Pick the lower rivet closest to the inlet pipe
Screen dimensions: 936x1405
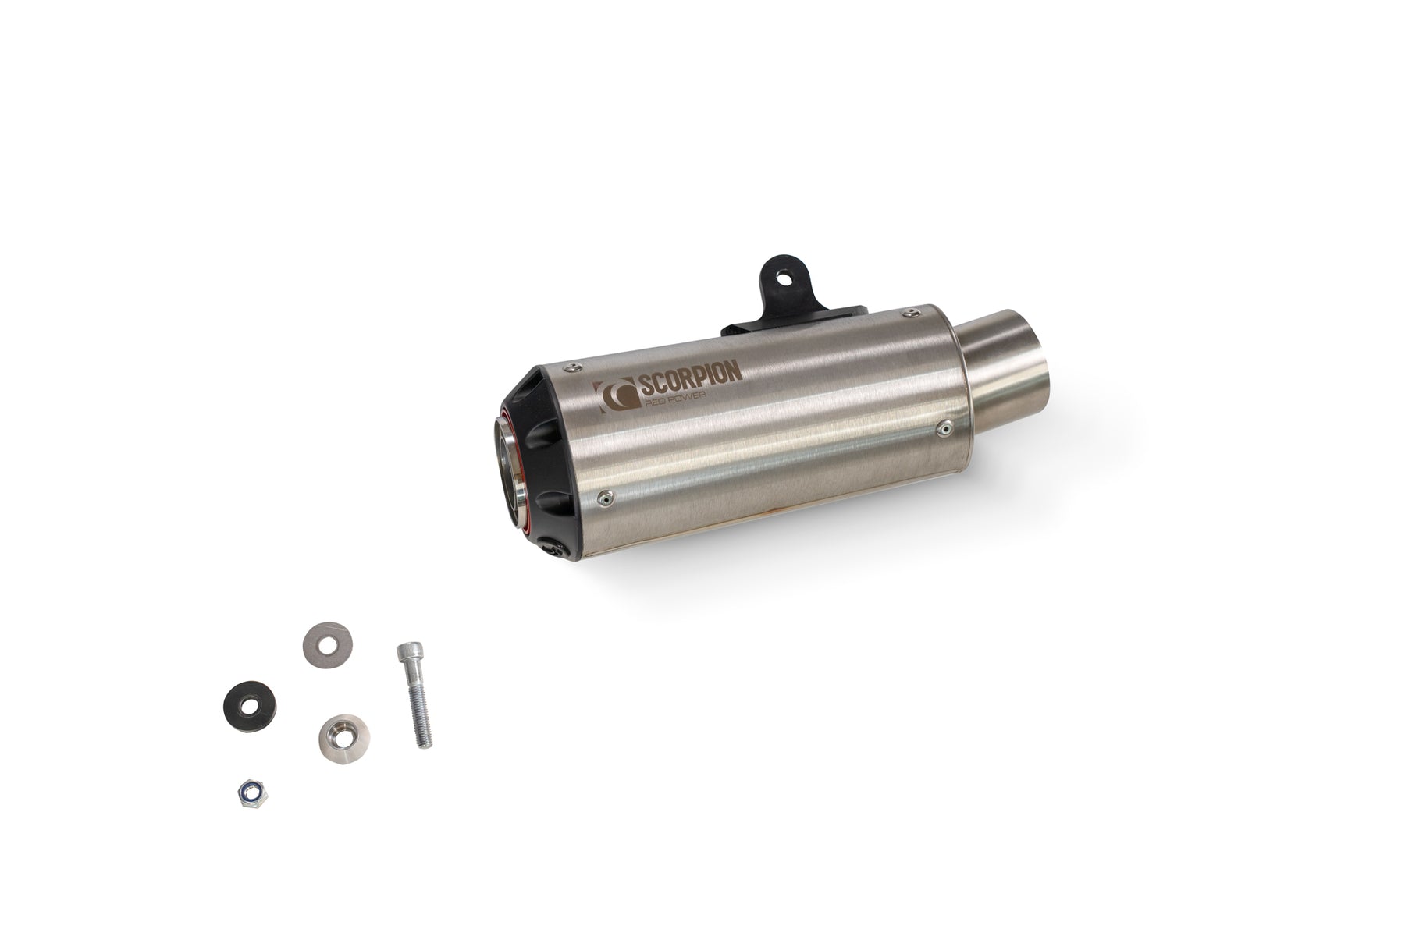[x=947, y=426]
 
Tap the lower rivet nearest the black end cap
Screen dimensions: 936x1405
[x=604, y=494]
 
